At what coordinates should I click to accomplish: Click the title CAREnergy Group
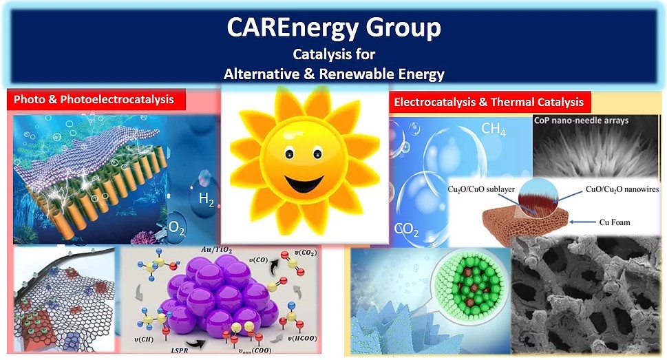pyautogui.click(x=333, y=29)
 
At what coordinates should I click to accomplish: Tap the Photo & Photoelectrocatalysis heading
pyautogui.click(x=99, y=100)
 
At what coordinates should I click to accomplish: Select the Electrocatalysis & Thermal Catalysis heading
pyautogui.click(x=488, y=103)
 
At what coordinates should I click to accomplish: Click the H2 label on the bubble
pyautogui.click(x=207, y=200)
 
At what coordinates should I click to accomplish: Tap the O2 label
pyautogui.click(x=177, y=226)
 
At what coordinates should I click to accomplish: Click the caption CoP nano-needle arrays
pyautogui.click(x=582, y=120)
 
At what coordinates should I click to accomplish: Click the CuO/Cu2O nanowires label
pyautogui.click(x=621, y=189)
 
